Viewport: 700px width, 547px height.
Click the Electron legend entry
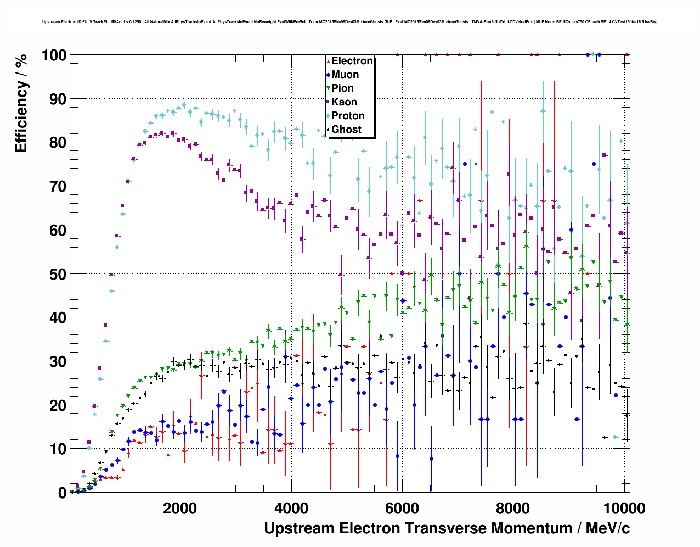pos(352,61)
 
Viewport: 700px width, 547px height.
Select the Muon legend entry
pos(345,75)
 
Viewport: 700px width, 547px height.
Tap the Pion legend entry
pos(342,88)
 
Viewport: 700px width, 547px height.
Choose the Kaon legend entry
pos(344,102)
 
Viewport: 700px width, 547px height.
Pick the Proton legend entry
pos(348,116)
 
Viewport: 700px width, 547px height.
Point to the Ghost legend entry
pos(346,130)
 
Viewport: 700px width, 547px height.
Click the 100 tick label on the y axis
pos(54,55)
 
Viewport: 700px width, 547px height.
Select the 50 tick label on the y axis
pos(58,274)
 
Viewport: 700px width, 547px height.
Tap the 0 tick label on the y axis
pos(62,493)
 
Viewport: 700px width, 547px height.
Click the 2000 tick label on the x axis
pos(179,509)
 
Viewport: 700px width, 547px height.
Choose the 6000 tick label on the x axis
pos(402,509)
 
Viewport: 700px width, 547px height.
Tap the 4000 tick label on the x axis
pos(291,509)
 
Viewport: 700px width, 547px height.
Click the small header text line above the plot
pos(349,22)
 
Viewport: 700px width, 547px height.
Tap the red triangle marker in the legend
pos(328,61)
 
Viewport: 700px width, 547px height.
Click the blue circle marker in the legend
pos(328,75)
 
